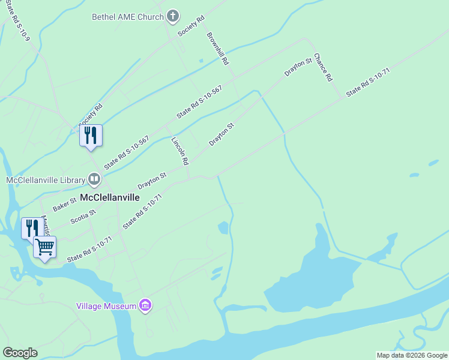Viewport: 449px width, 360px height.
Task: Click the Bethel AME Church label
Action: (x=127, y=17)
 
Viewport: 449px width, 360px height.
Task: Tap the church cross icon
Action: (x=173, y=16)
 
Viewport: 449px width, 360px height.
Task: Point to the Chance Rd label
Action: (x=322, y=66)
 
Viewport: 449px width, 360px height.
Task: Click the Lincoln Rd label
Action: (x=180, y=151)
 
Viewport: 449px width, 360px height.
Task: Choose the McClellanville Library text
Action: (x=46, y=179)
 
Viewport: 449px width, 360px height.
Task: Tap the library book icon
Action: (x=94, y=179)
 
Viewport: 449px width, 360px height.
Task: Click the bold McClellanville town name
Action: (x=110, y=197)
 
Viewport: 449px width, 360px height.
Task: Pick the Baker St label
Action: (x=64, y=204)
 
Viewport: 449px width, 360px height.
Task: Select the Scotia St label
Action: (x=83, y=217)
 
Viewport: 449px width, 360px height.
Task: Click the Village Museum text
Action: (x=106, y=306)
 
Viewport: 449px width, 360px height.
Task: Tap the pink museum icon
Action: (x=145, y=306)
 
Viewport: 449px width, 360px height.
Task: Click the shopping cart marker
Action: (x=45, y=246)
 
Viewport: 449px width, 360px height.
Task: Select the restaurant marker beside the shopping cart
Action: (x=32, y=229)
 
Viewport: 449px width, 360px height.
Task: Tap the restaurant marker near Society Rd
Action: (x=91, y=135)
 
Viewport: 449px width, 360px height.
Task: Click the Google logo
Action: (x=20, y=353)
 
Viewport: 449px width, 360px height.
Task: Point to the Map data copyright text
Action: (x=412, y=355)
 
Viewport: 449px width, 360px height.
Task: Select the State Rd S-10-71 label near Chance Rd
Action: (x=368, y=82)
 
